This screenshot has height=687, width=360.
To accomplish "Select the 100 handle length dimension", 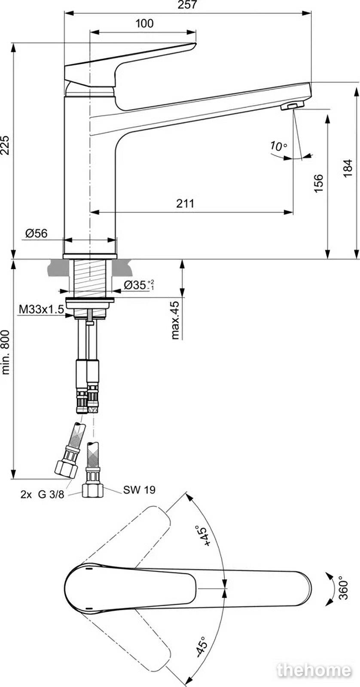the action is [144, 23].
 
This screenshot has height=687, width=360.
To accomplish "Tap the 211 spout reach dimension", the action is [185, 204].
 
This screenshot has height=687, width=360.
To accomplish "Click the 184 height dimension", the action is [348, 168].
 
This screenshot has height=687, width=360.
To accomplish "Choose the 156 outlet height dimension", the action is [319, 183].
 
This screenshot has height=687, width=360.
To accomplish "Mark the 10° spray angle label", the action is [278, 146].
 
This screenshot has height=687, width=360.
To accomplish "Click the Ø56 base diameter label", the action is [37, 234].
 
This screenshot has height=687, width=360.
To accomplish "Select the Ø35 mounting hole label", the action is [139, 285].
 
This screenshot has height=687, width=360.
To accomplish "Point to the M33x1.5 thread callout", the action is [41, 309].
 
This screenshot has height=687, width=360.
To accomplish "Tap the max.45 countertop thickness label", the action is [175, 320].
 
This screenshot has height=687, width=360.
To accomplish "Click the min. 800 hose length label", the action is [6, 352].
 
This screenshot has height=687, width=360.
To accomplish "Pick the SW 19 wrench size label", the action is [139, 490].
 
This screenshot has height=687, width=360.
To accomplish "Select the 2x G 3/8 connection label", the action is [43, 494].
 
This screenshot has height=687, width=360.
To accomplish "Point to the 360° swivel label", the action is [343, 589].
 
